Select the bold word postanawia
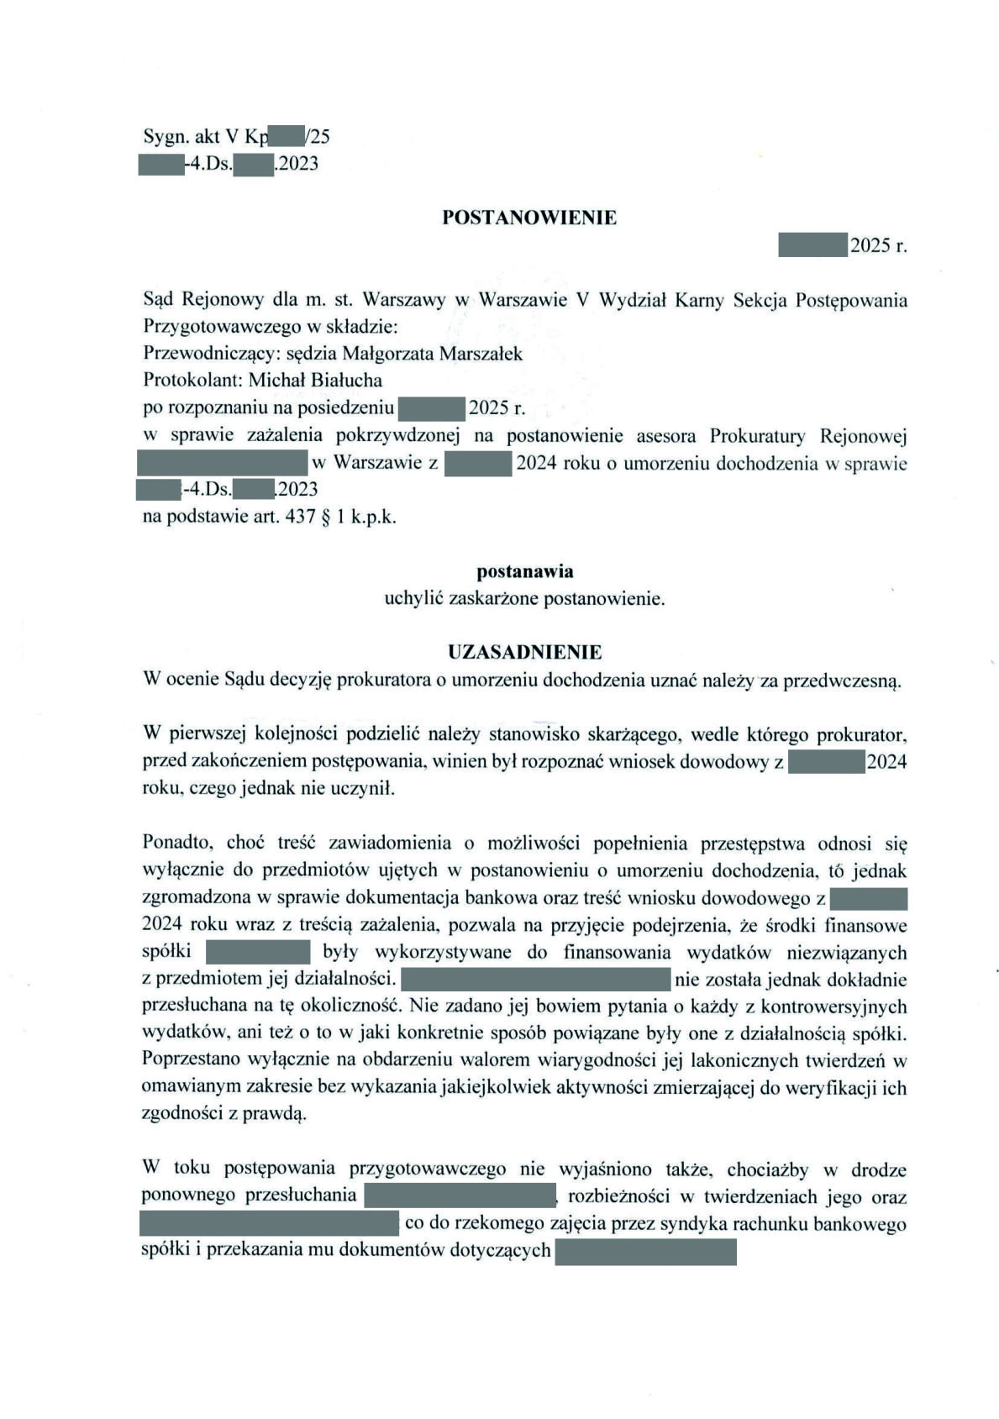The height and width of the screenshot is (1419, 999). [x=524, y=572]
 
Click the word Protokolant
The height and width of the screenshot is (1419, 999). [x=192, y=380]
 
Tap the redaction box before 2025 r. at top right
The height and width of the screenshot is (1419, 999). [x=812, y=245]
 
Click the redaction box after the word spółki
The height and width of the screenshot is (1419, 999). [x=259, y=952]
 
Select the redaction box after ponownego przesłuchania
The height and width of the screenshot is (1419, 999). [x=459, y=1196]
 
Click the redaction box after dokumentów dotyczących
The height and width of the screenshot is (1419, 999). [x=645, y=1251]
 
